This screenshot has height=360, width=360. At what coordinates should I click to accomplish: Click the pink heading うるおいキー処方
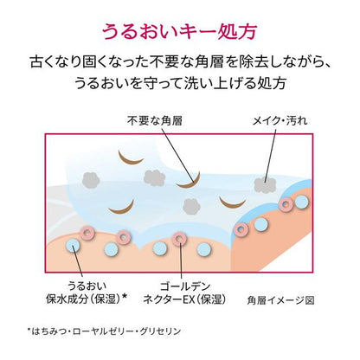tap(179, 31)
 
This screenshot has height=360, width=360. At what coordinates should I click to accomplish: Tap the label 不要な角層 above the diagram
tap(155, 120)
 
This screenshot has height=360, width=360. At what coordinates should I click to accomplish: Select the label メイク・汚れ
tap(280, 120)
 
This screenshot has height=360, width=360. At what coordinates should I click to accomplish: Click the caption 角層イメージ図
tap(280, 300)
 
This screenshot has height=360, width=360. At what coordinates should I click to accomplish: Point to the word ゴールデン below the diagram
tap(185, 286)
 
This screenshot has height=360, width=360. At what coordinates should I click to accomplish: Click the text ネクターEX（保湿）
tap(184, 299)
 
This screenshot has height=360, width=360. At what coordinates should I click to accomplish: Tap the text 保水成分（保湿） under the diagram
tap(83, 299)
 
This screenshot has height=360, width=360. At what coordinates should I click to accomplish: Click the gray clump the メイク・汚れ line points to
tap(265, 184)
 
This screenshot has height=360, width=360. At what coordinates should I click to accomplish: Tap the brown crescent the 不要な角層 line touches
tap(190, 182)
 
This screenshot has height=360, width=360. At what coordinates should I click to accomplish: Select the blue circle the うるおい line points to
tap(74, 246)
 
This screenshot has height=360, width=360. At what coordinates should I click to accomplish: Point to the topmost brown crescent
tap(131, 157)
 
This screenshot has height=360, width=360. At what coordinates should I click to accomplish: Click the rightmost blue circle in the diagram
tap(301, 202)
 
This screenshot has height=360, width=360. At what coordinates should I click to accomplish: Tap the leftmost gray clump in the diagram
tap(91, 180)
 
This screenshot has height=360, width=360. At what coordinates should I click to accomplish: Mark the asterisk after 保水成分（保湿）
tap(125, 296)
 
